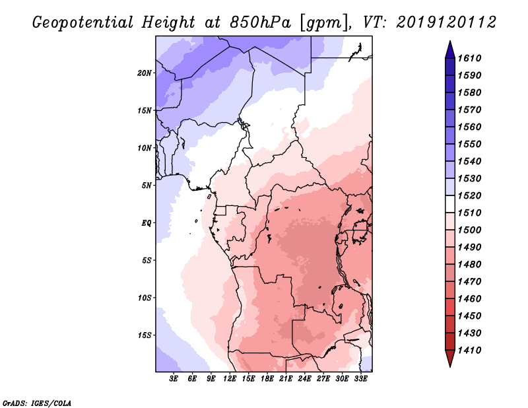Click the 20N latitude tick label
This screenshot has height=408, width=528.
[x=145, y=73]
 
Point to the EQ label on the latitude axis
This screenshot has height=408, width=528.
[x=147, y=223]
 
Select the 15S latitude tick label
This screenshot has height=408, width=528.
[x=145, y=335]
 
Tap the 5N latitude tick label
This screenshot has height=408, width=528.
[x=147, y=186]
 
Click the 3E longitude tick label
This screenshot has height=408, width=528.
[x=174, y=379]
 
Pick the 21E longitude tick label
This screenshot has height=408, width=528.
[x=286, y=379]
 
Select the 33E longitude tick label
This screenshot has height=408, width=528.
[x=360, y=379]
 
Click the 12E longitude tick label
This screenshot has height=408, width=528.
[x=230, y=379]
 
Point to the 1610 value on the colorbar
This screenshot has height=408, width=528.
[x=469, y=58]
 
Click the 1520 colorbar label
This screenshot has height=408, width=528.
[x=469, y=195]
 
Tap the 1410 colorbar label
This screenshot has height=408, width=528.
[x=469, y=351]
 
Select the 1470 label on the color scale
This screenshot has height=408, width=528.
[x=469, y=282]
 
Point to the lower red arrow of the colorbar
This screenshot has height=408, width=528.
[x=450, y=357]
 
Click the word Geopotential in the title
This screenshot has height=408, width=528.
[x=83, y=22]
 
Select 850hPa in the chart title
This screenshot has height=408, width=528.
[x=260, y=22]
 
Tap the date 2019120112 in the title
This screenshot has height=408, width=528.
[x=446, y=22]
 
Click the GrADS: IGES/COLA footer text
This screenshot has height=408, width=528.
[x=37, y=403]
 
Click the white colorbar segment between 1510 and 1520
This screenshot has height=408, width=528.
[x=450, y=204]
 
